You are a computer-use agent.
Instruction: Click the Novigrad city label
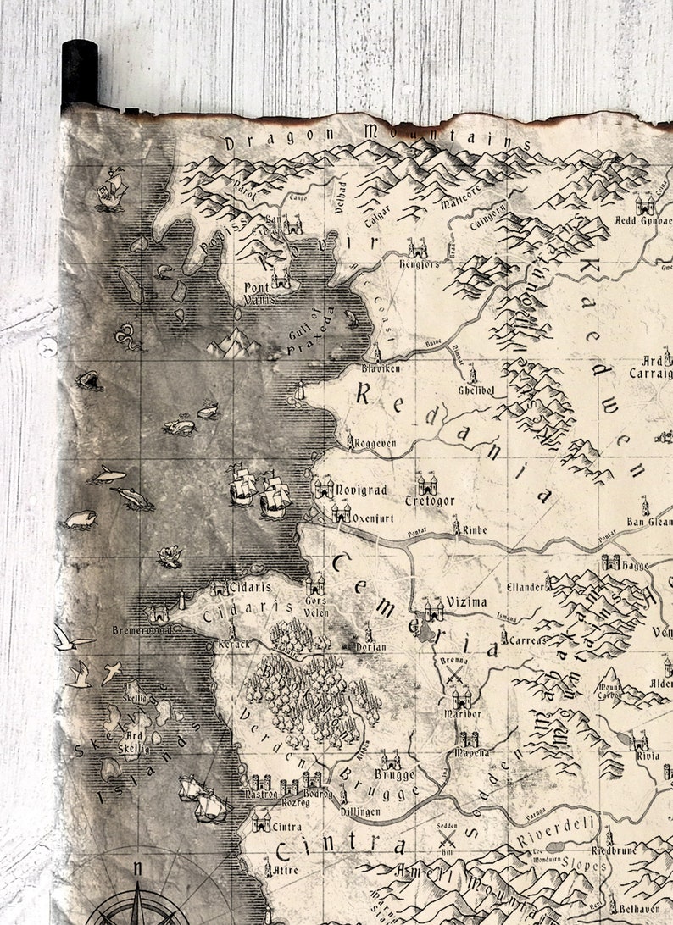click(x=362, y=490)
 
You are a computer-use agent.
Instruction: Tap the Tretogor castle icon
click(x=426, y=485)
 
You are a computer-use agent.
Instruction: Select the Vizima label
click(x=467, y=602)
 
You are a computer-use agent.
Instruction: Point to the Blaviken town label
click(x=381, y=369)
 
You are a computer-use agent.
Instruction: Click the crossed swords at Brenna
click(x=456, y=674)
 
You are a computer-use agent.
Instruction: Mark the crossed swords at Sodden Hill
click(x=448, y=840)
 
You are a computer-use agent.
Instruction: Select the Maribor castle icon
click(x=462, y=697)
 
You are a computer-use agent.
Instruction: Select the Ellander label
click(x=524, y=586)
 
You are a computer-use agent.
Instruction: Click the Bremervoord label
click(x=142, y=630)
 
